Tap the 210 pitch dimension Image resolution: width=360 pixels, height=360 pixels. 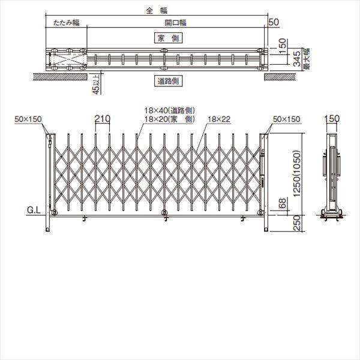(102, 119)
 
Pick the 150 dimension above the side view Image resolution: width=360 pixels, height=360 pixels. (331, 119)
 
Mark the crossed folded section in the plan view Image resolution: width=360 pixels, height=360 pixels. (67, 59)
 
